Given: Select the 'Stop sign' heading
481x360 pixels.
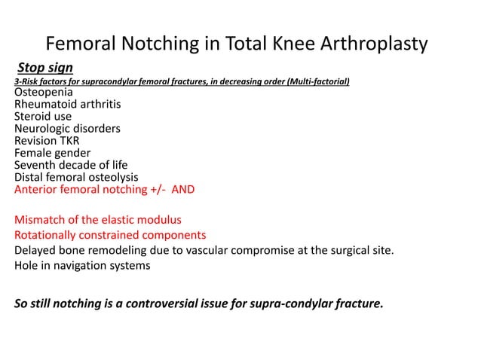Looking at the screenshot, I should pos(45,69).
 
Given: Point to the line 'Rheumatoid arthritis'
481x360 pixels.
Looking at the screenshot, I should pos(67,105).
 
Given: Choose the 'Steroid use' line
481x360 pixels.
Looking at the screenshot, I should pos(43,117).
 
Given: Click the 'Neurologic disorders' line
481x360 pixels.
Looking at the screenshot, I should pos(67,129).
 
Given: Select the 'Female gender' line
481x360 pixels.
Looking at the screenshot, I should pos(52,153).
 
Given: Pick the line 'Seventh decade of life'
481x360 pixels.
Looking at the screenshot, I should pos(71,165).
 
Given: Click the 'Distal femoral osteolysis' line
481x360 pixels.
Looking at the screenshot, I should pos(76,177).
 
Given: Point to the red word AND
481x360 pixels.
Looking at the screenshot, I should pos(183,189).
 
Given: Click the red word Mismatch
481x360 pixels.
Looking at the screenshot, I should pos(42,220).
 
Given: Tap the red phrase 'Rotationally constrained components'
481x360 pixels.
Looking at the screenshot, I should pos(110,235).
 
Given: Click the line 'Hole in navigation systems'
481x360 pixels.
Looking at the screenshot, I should pos(82,265).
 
